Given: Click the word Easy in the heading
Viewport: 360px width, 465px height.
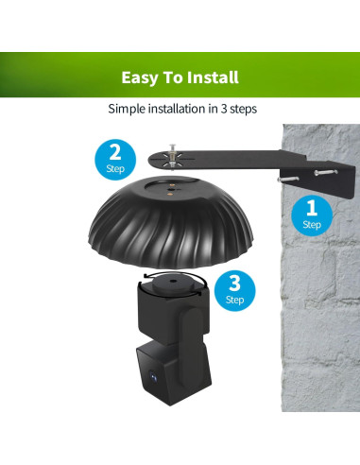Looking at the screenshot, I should click(x=138, y=77).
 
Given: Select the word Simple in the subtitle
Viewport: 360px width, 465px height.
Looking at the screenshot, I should click(x=129, y=109).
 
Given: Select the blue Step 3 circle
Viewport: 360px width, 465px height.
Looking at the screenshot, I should click(x=235, y=290).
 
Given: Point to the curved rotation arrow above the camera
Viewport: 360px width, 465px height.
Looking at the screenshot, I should click(x=176, y=273).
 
